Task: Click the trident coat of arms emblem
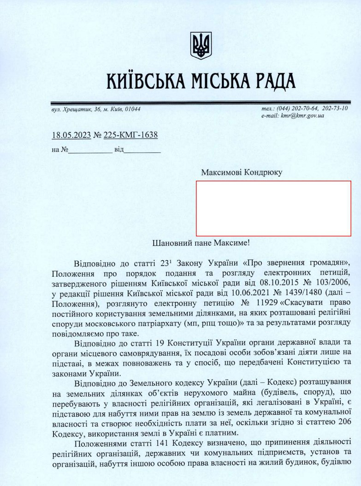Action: (201, 45)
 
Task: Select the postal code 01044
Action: (132, 109)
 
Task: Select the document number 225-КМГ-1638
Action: (131, 135)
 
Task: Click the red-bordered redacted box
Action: (273, 208)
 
